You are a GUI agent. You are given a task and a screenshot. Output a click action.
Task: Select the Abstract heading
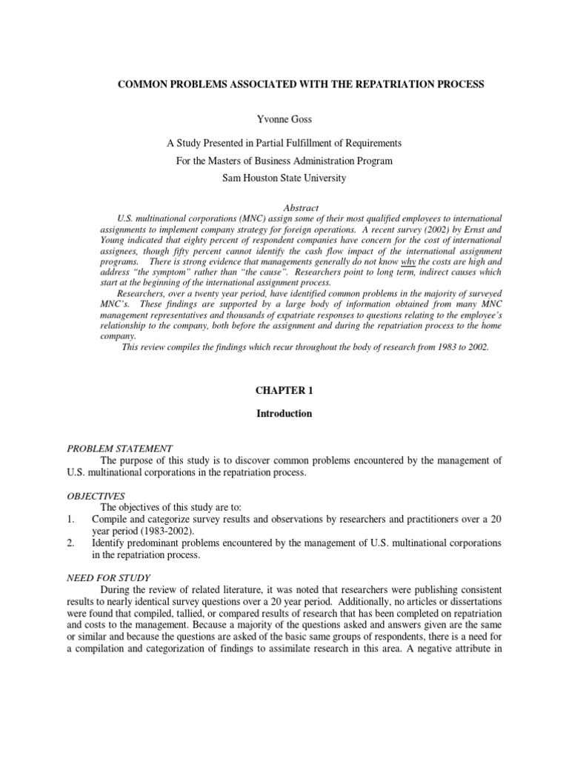pyautogui.click(x=301, y=208)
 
